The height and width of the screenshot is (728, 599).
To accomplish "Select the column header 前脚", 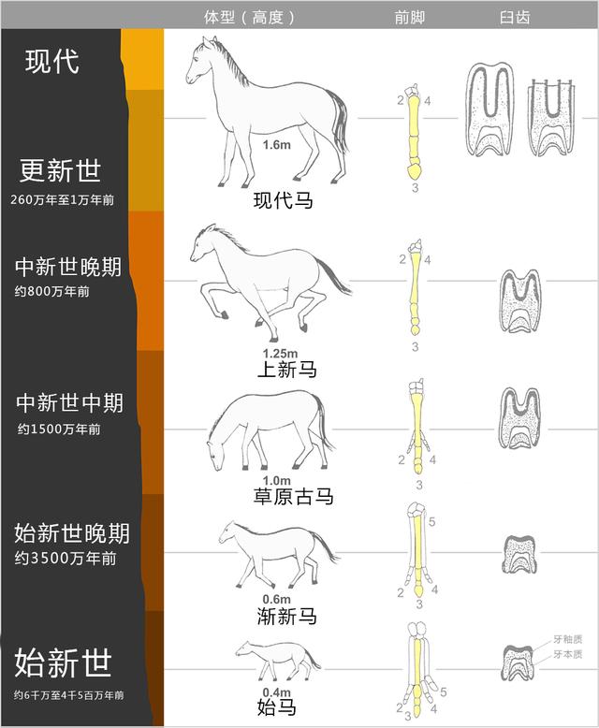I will pos(409,17).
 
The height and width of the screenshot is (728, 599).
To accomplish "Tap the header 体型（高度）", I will pos(250,17).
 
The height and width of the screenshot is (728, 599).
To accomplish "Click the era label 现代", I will pos(52,62).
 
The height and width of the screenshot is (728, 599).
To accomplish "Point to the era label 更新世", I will pos(60,171).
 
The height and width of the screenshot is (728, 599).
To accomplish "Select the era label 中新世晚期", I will pos(67,267).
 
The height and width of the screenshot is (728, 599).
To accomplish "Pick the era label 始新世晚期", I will pos(72,534).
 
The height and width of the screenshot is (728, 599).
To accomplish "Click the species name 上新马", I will pos(286,370).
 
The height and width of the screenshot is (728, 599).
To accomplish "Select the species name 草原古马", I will pos(293,497).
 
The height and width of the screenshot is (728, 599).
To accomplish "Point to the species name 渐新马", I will pos(286,616).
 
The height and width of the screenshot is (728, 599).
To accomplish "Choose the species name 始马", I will pos(276,707).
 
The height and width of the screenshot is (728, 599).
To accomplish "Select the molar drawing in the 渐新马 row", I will pos(519,554).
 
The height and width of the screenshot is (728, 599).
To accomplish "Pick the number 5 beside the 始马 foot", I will pos(445,692).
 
